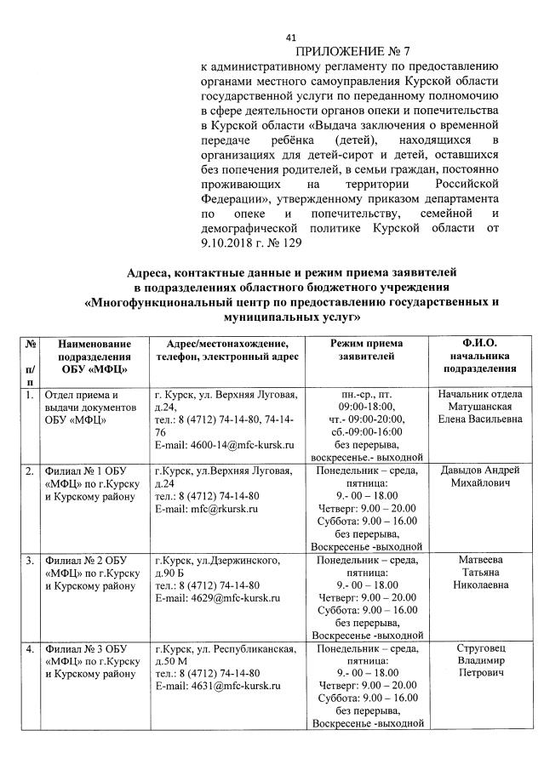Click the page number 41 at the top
tap(290, 37)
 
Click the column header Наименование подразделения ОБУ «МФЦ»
tap(94, 356)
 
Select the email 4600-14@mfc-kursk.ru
tap(238, 445)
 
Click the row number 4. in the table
tap(30, 650)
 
